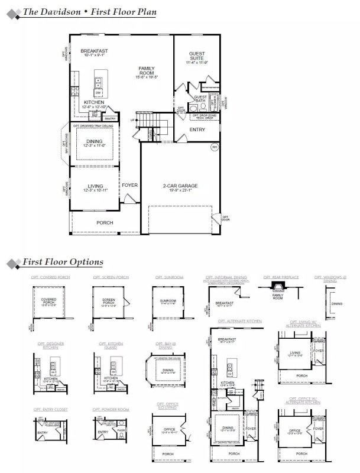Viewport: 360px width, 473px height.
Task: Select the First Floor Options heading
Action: coord(63,261)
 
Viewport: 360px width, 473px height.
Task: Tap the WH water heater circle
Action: coord(215,147)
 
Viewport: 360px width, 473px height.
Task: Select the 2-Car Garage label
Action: coord(180,186)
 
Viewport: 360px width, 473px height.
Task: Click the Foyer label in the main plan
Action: coord(129,185)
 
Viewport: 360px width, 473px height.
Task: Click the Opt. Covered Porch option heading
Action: coord(46,277)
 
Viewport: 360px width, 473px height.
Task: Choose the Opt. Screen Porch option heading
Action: coord(106,277)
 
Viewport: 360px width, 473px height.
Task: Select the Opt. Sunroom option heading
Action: coord(169,277)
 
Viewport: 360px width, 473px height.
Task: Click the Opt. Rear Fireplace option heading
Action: coord(281,277)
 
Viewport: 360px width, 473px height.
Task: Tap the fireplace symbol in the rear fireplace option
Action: coord(278,287)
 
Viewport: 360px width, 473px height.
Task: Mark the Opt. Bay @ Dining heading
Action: coord(169,345)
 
